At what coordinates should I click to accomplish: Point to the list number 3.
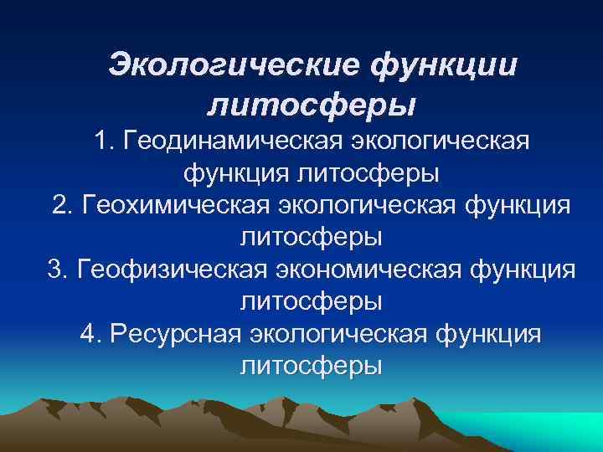coord(55,270)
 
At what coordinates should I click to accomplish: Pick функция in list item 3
coord(523,270)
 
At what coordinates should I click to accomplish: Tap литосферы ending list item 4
coord(312,365)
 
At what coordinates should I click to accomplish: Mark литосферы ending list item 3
coord(312,301)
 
